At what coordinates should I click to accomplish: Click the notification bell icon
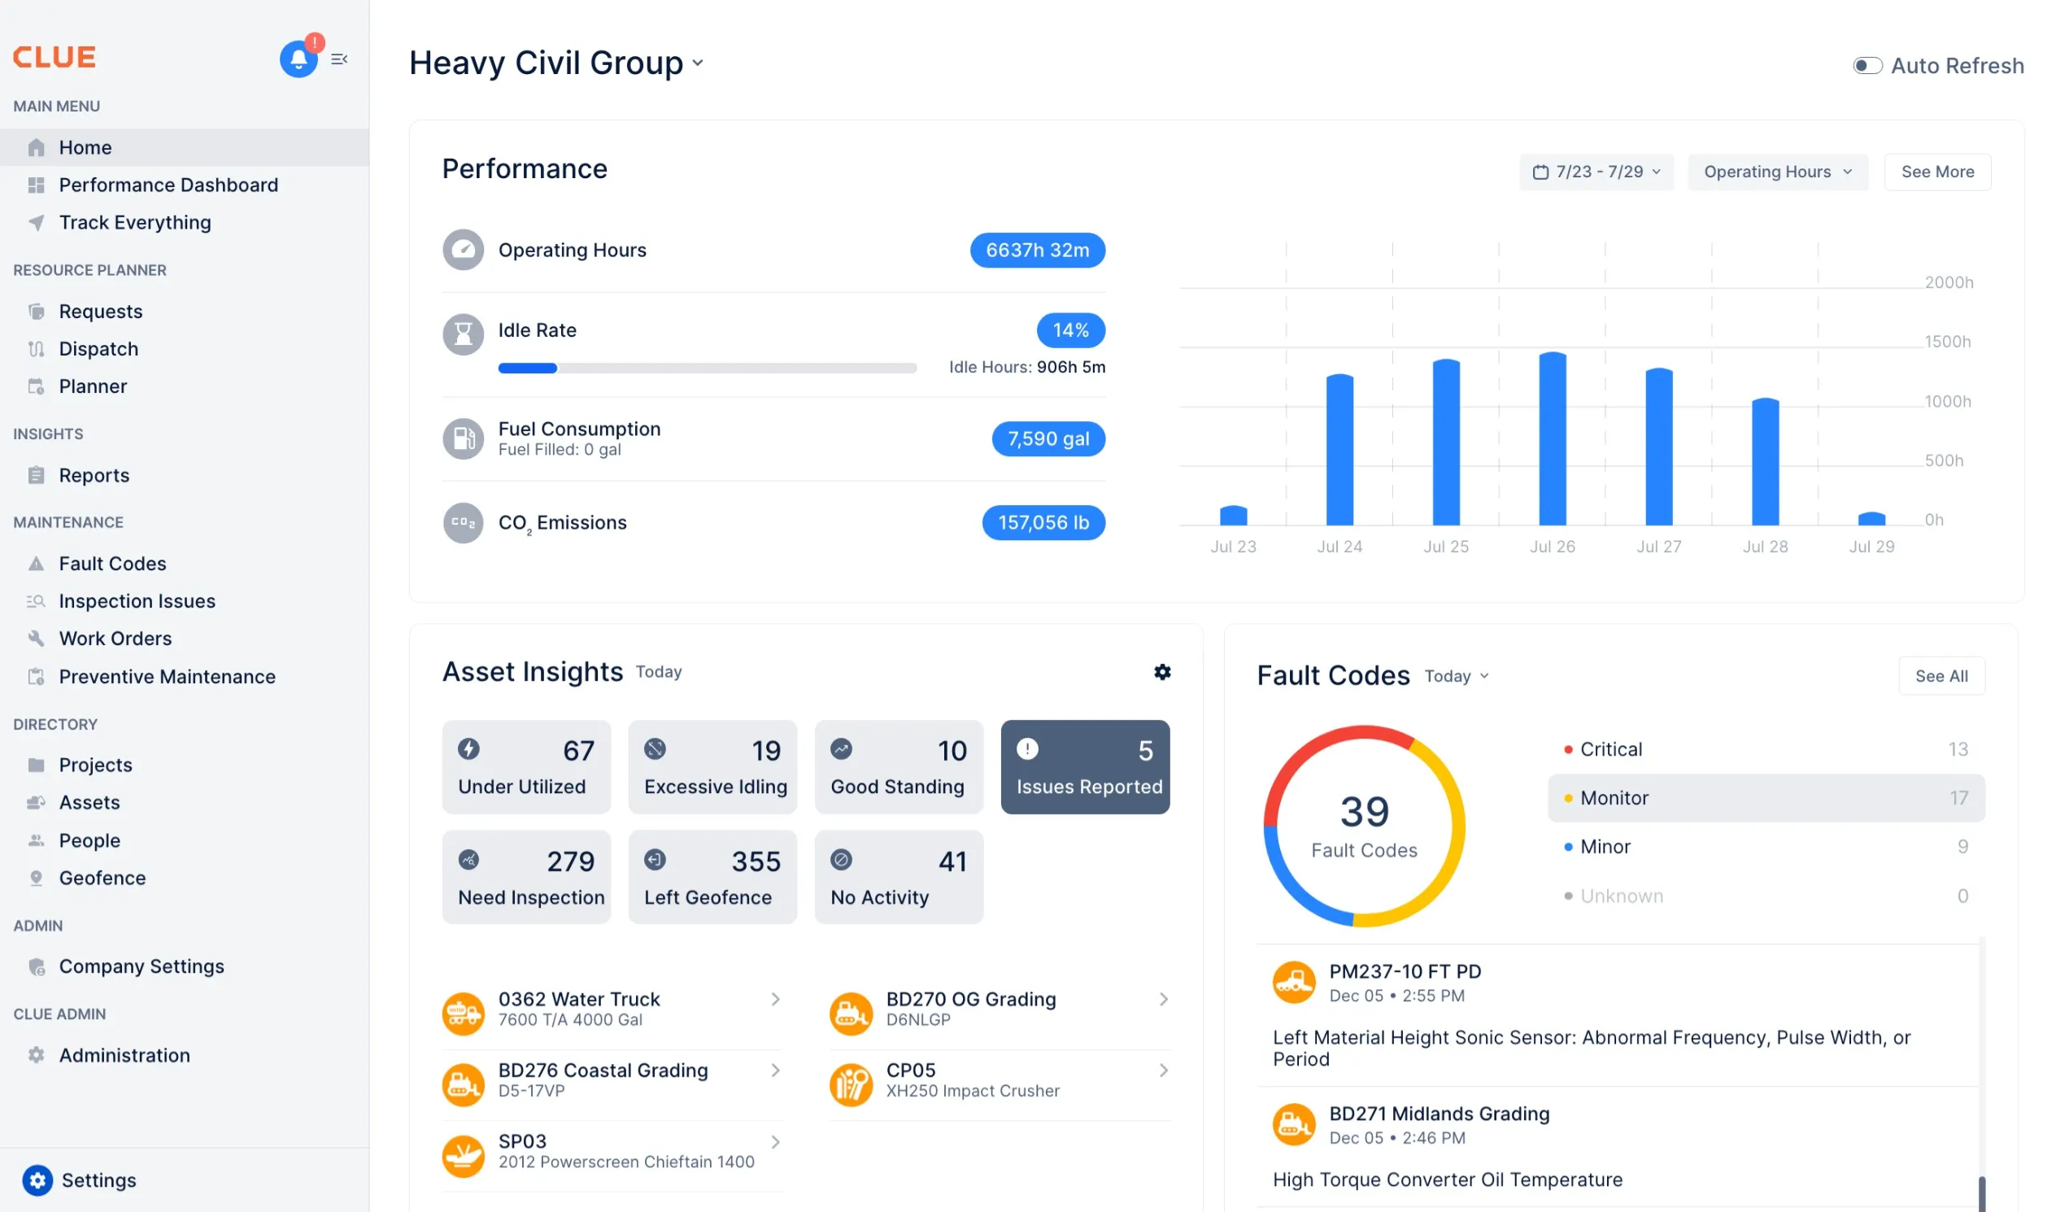(298, 59)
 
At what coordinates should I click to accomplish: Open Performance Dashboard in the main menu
(168, 185)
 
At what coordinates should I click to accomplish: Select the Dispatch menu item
(98, 349)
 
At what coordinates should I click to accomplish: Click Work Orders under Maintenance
(115, 639)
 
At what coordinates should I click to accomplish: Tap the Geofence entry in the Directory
(102, 878)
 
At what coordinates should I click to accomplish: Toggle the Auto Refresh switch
(1866, 65)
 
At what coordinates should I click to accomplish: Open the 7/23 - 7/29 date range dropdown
(1596, 172)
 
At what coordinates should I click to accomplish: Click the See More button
(1936, 172)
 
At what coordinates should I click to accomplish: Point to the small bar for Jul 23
(1233, 516)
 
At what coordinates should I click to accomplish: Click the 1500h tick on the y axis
(1946, 342)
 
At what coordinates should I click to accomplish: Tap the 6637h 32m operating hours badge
(1036, 250)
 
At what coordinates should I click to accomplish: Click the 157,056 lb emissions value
(1043, 523)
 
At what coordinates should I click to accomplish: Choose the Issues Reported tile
(1084, 767)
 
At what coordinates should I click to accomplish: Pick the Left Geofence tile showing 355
(712, 877)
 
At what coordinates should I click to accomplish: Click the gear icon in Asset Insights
(1162, 672)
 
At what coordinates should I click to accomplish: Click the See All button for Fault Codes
(1940, 676)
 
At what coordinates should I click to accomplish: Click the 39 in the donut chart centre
(1364, 811)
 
